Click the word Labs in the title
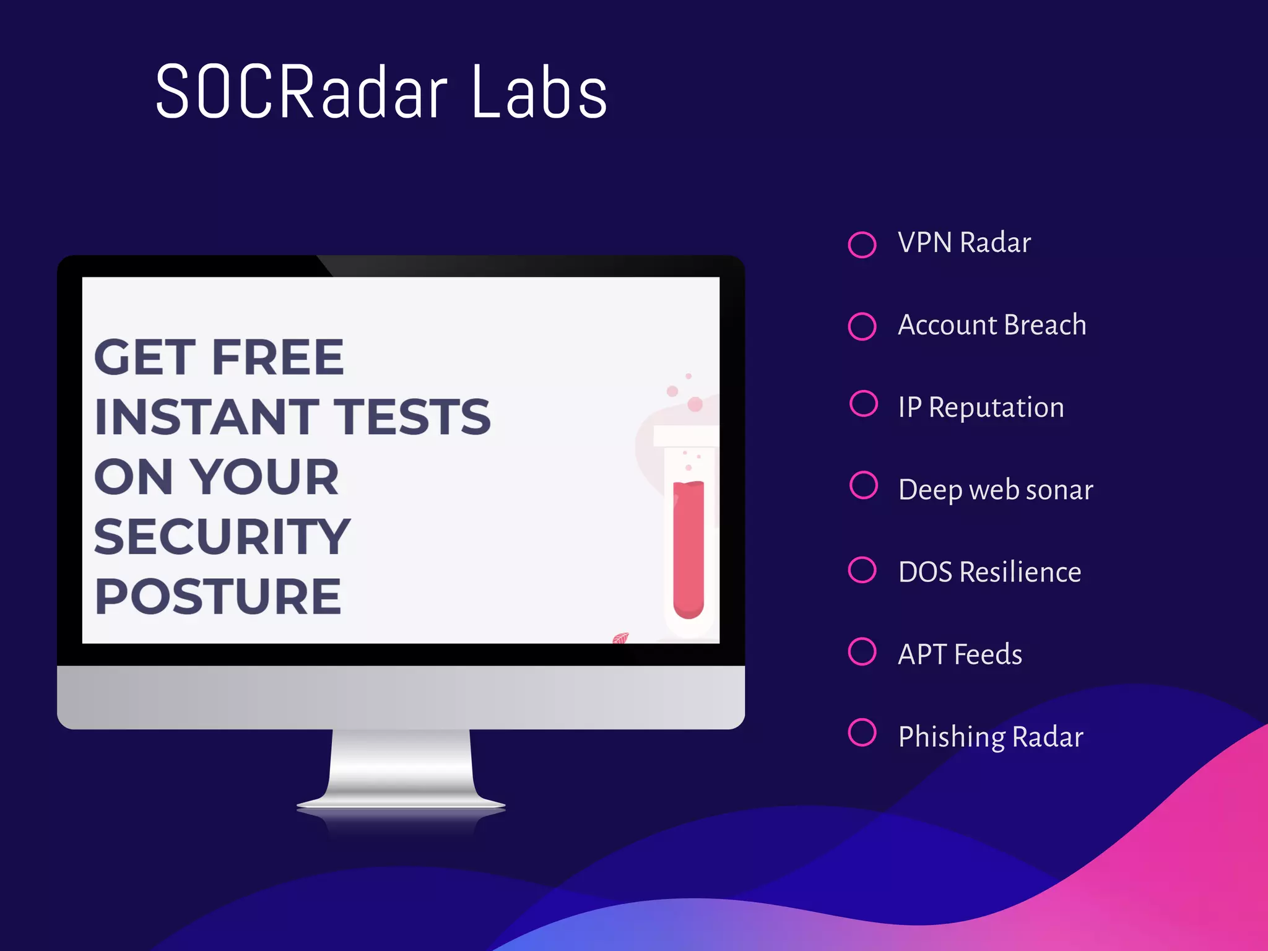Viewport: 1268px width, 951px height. point(539,93)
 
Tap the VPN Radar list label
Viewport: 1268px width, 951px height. point(964,243)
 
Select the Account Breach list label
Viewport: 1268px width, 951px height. point(992,325)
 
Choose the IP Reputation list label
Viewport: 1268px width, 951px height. point(981,407)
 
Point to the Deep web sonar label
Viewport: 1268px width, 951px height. point(996,490)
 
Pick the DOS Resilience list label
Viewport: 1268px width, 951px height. point(989,572)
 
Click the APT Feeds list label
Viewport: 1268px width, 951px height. point(960,654)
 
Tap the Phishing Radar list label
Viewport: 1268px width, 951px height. point(991,737)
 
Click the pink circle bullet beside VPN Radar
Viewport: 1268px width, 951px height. point(862,245)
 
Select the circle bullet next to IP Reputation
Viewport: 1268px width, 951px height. point(864,404)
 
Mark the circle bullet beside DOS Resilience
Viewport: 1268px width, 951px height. point(862,570)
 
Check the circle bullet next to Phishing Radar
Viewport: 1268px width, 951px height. point(862,732)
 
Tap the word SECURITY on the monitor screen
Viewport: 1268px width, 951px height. point(222,537)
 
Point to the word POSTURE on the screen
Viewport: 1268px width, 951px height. point(218,596)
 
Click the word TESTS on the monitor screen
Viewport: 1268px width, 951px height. point(412,417)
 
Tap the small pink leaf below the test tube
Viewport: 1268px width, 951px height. point(620,638)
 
